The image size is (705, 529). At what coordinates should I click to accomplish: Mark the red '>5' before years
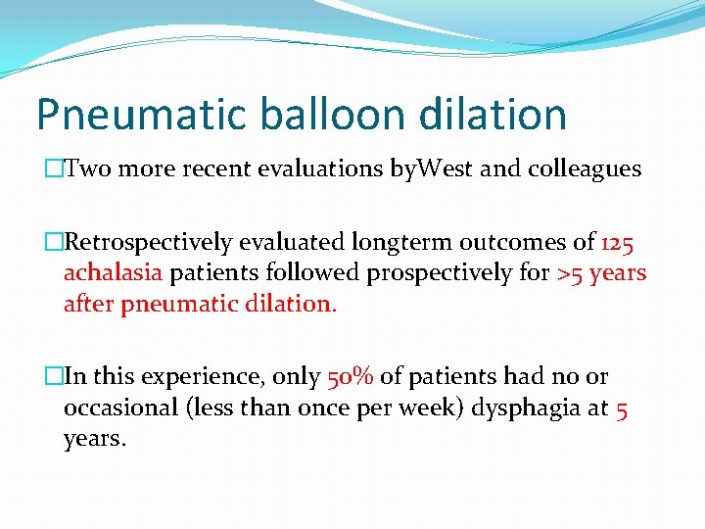[569, 273]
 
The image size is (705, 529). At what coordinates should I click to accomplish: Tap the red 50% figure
[350, 377]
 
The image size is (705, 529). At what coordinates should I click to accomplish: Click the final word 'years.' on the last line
[95, 439]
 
